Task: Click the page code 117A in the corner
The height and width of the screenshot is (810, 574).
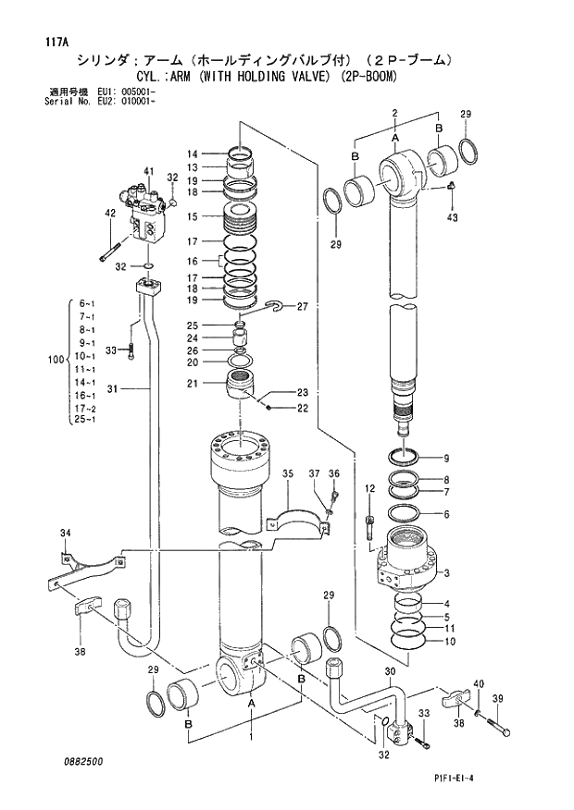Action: pos(54,43)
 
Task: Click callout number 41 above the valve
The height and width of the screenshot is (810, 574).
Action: pos(149,172)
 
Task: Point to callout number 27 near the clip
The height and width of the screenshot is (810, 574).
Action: pos(302,307)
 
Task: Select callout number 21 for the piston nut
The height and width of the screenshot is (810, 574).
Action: pos(192,383)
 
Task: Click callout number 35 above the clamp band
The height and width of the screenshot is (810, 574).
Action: pos(288,473)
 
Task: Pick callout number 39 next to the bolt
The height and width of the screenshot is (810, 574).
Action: pos(497,699)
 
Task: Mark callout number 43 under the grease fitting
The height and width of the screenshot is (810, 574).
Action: pos(452,217)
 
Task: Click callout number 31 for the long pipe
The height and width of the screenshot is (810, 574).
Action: pos(112,389)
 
